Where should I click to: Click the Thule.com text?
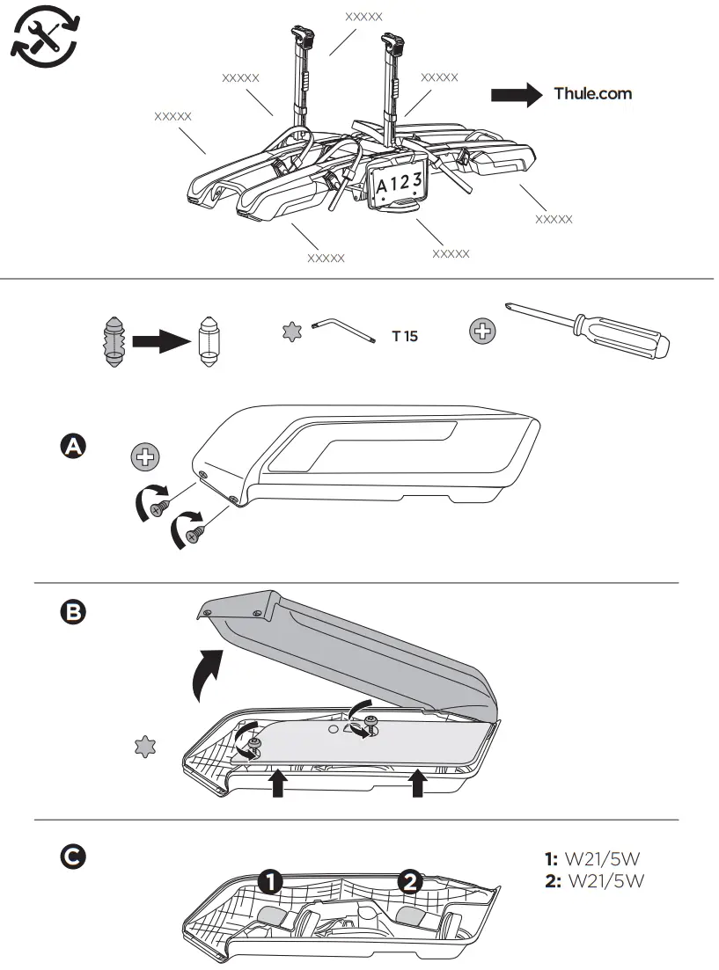592,93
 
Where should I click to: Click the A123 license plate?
400,184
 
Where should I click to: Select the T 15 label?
405,335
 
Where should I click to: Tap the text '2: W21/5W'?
595,880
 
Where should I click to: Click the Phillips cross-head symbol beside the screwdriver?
483,332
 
